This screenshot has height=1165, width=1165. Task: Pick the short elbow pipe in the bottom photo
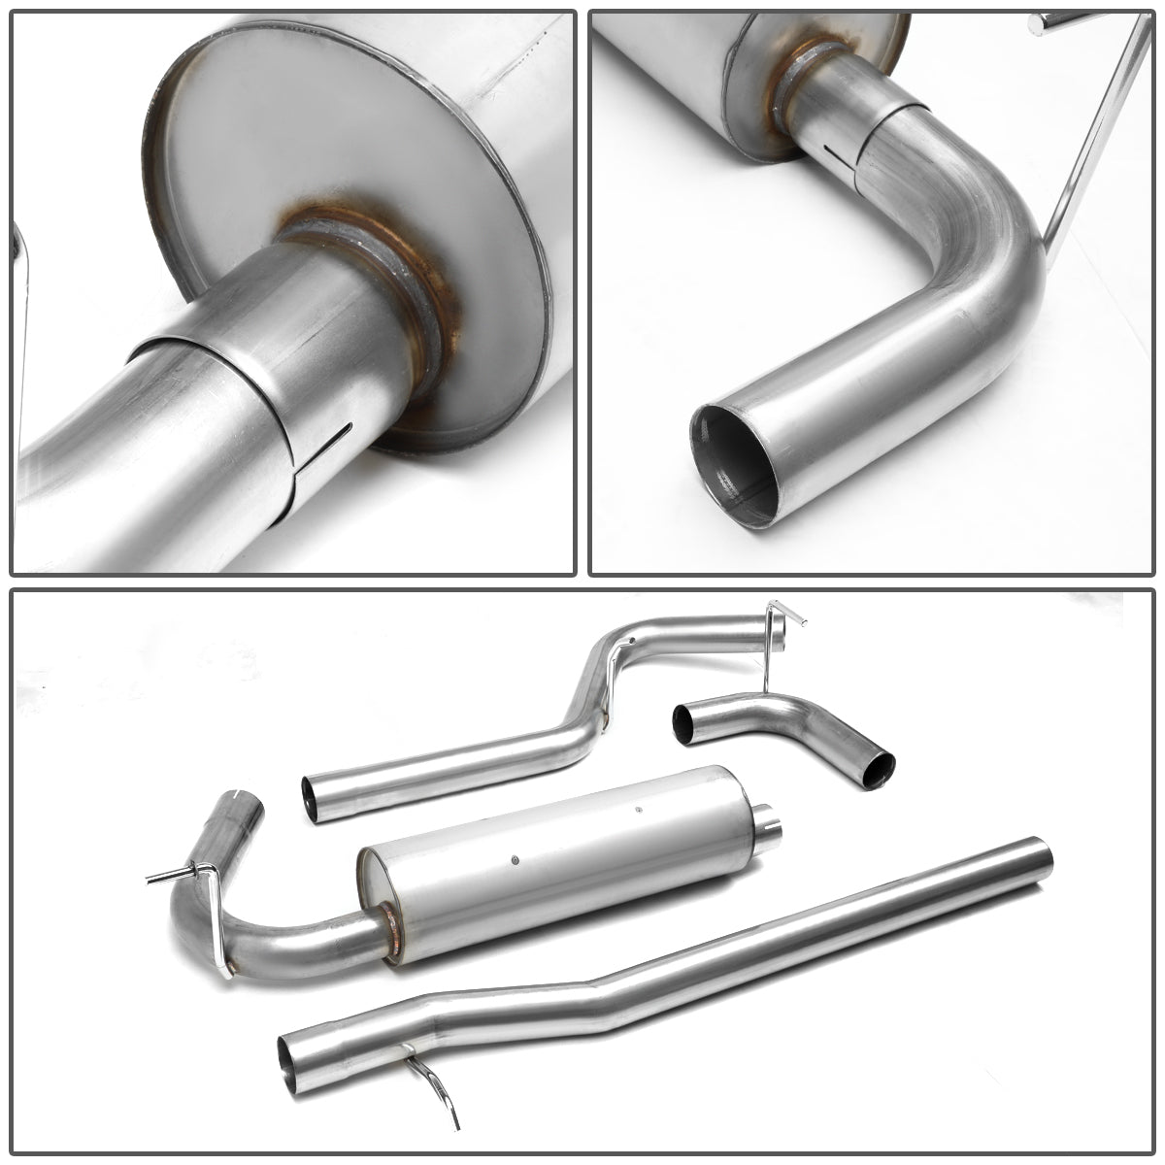click(777, 723)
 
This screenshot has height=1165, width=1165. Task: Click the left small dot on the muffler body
click(516, 858)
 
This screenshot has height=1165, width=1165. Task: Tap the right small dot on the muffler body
click(638, 810)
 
